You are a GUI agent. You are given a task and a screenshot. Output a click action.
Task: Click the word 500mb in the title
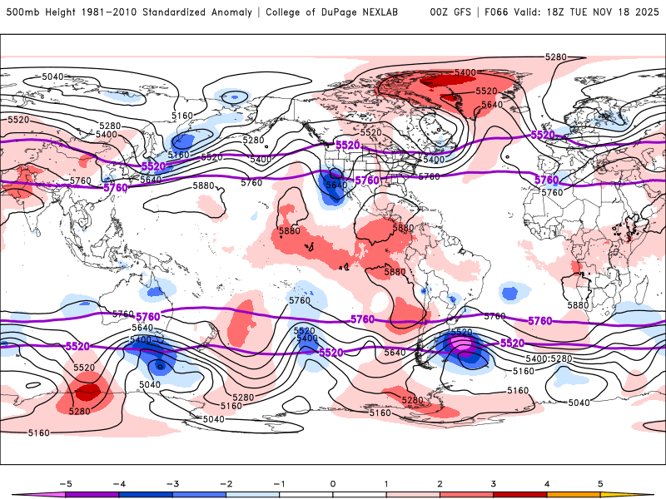click(x=22, y=12)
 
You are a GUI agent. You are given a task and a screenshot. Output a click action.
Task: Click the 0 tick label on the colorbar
click(x=333, y=482)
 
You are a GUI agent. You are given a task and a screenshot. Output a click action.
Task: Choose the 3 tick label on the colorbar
click(x=494, y=482)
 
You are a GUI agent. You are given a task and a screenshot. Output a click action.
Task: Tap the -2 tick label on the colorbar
click(x=226, y=482)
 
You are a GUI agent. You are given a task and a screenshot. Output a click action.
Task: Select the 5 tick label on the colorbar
click(x=600, y=482)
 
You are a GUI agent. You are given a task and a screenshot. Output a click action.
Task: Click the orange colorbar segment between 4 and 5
click(x=574, y=494)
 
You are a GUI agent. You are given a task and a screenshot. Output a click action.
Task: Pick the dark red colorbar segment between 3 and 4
click(x=520, y=494)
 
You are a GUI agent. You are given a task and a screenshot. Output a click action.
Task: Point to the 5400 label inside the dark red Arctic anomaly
click(x=465, y=73)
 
